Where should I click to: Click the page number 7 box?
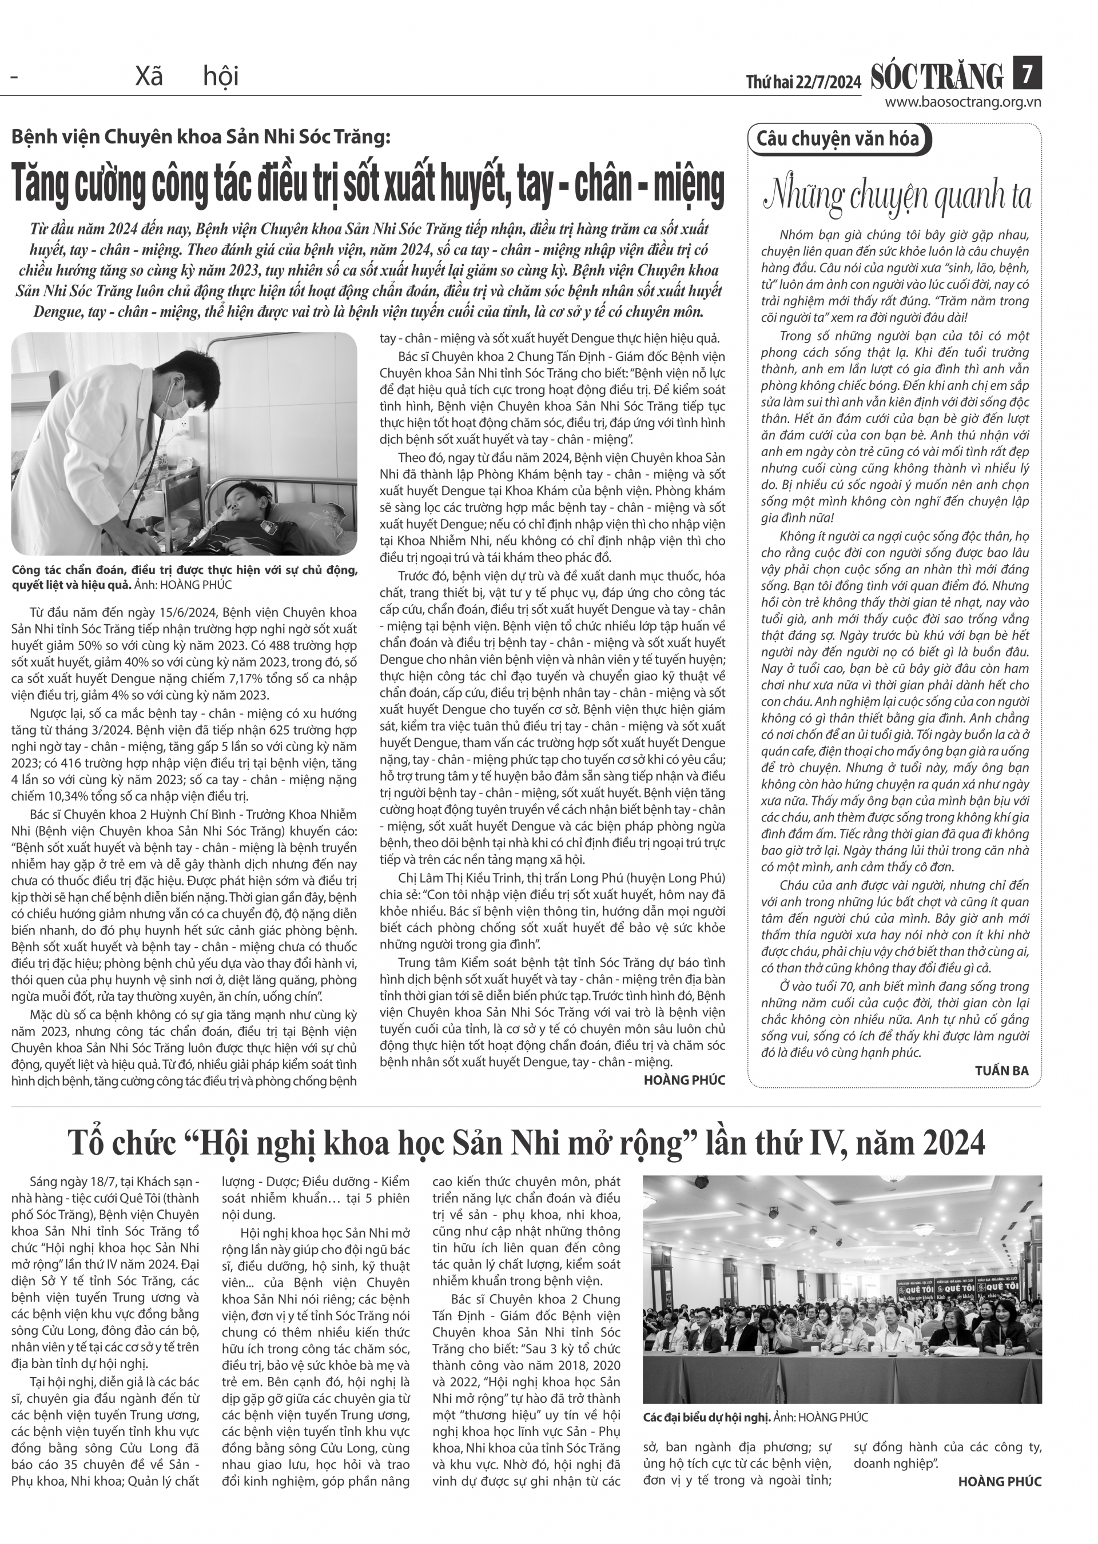click(x=1027, y=73)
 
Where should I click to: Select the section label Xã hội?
click(x=186, y=77)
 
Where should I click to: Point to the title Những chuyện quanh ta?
click(x=897, y=196)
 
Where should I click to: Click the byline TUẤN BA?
click(x=1001, y=1070)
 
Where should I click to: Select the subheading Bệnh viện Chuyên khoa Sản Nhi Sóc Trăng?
click(x=201, y=137)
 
